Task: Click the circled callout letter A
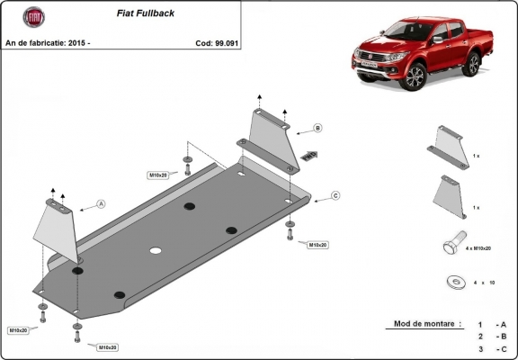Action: [x=101, y=204]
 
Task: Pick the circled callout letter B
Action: [x=317, y=129]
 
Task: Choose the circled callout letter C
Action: [x=335, y=195]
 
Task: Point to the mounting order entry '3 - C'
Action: [x=492, y=347]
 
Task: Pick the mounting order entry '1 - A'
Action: [x=492, y=323]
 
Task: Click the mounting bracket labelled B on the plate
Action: [x=271, y=138]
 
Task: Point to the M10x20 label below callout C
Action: [x=317, y=244]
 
